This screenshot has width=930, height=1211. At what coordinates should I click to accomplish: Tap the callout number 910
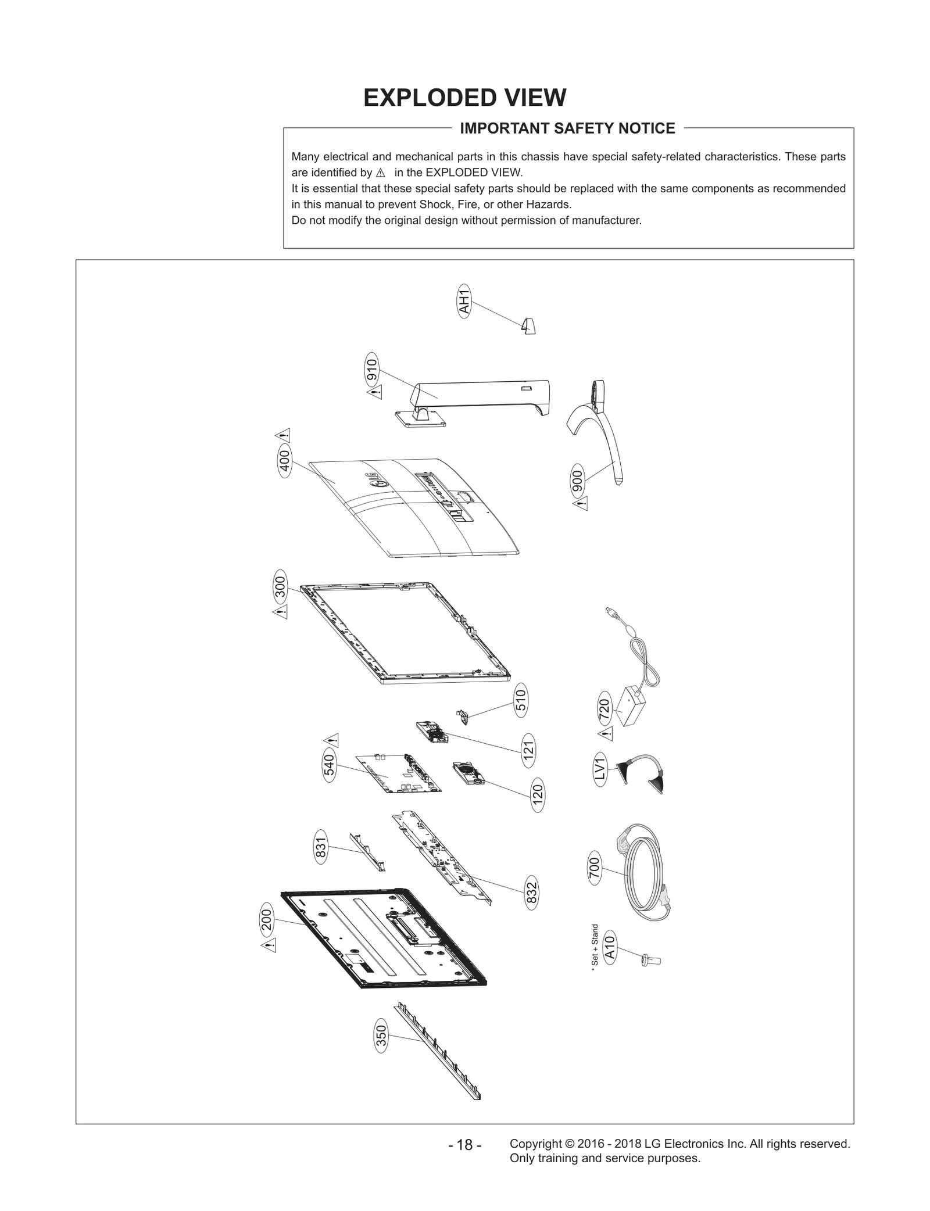(372, 369)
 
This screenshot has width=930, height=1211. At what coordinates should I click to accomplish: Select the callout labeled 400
(285, 462)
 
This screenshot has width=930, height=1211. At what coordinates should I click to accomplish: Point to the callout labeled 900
(578, 479)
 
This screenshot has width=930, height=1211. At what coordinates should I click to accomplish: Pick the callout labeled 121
(528, 750)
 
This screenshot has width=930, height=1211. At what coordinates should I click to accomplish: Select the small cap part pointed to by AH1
(529, 327)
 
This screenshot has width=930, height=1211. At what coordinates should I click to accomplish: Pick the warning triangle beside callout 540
(332, 740)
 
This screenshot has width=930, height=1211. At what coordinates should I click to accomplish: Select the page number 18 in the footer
(464, 1145)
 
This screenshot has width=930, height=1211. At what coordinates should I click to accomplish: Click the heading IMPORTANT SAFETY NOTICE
(567, 128)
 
